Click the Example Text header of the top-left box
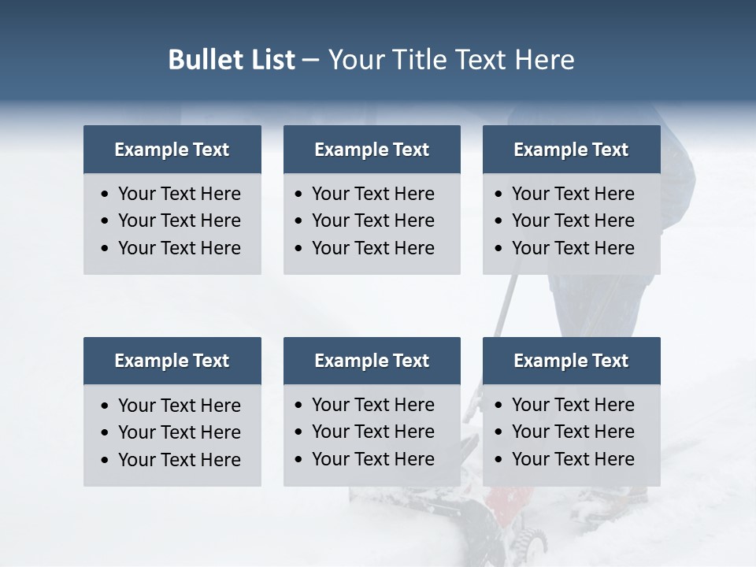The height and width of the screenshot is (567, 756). pyautogui.click(x=172, y=150)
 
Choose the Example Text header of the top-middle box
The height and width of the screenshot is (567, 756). pyautogui.click(x=372, y=150)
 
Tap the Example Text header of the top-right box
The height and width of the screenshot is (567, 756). pyautogui.click(x=571, y=150)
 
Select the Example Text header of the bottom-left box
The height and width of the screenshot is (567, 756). pyautogui.click(x=172, y=361)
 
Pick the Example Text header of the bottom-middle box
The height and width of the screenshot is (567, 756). pyautogui.click(x=372, y=361)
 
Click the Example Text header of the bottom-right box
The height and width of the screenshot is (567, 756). pyautogui.click(x=571, y=361)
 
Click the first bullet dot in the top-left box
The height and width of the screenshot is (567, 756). pyautogui.click(x=106, y=195)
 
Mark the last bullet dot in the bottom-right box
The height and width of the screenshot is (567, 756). pyautogui.click(x=499, y=460)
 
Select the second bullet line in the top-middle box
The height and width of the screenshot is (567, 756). pyautogui.click(x=372, y=220)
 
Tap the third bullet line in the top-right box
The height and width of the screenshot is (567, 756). pyautogui.click(x=573, y=248)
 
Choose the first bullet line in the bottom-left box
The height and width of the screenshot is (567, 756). pyautogui.click(x=179, y=406)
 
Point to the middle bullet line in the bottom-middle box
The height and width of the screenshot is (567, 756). pyautogui.click(x=372, y=432)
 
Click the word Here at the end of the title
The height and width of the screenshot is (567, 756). pyautogui.click(x=544, y=60)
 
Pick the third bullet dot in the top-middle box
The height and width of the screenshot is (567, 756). pyautogui.click(x=299, y=249)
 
